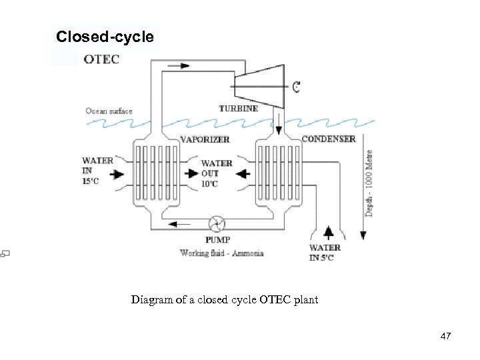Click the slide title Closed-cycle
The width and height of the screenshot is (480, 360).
tap(105, 37)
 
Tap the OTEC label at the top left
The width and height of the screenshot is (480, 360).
tap(101, 59)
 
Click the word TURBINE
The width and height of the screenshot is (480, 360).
tap(238, 108)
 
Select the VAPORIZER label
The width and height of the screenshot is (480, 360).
tap(205, 139)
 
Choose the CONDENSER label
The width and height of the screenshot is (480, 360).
tap(329, 139)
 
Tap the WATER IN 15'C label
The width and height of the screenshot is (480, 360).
tap(97, 171)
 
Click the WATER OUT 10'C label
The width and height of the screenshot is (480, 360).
tap(217, 173)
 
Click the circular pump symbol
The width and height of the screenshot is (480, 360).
tap(217, 224)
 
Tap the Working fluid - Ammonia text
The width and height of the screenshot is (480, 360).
tap(222, 253)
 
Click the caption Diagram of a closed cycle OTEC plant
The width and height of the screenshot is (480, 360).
tap(225, 300)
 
